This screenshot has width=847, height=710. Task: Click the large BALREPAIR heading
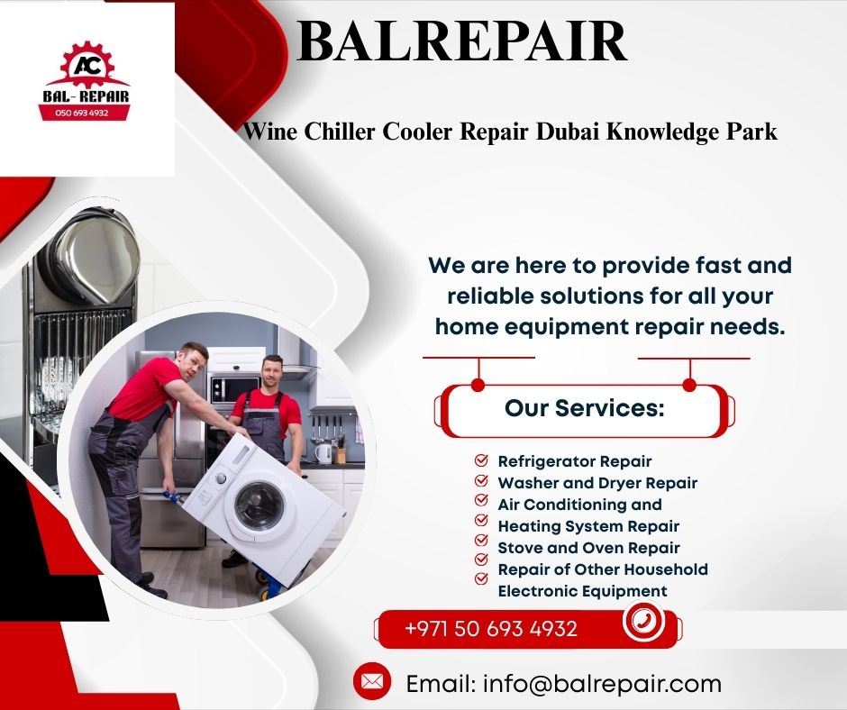point(462,41)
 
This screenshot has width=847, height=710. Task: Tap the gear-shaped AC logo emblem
point(87,65)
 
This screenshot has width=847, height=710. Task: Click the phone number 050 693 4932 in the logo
point(82,113)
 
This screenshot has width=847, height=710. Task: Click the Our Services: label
point(584,408)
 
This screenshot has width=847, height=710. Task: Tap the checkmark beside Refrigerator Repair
point(481,460)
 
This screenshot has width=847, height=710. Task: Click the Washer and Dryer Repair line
point(597,483)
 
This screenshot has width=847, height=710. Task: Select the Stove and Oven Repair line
point(588,547)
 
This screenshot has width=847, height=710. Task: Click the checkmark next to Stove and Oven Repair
point(481,540)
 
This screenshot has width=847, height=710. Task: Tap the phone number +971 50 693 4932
point(491,628)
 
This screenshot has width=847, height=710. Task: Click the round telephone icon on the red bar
point(642,620)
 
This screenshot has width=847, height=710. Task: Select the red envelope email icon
point(371,681)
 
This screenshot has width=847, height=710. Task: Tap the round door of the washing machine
point(260,505)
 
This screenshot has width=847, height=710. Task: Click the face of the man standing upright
point(273,371)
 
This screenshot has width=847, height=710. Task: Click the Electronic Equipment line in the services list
point(582,590)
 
